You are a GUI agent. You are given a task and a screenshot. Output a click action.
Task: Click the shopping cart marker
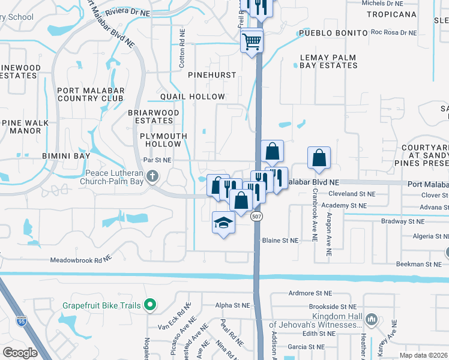(x=253, y=42)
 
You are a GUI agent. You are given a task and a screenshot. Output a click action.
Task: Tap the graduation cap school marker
(x=223, y=223)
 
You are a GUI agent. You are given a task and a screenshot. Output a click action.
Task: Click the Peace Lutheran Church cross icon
(x=152, y=176)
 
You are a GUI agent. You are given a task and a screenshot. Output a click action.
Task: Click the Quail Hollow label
(x=193, y=97)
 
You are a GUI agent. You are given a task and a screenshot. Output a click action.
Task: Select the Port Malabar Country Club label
(x=91, y=95)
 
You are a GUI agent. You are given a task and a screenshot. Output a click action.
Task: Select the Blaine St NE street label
(x=280, y=240)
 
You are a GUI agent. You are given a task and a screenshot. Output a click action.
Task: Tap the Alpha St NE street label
(x=231, y=305)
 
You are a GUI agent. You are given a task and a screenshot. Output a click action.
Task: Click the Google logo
(x=20, y=353)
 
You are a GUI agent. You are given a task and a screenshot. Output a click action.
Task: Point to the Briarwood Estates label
(x=154, y=116)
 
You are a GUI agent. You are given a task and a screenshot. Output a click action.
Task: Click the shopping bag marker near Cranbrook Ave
(x=319, y=158)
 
